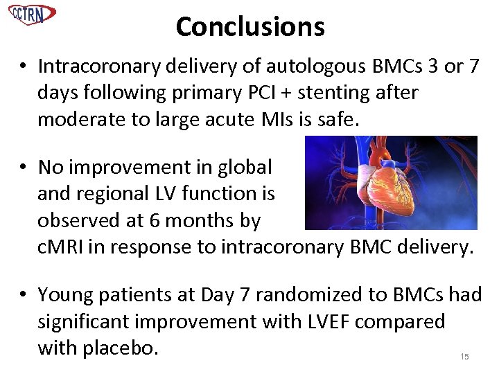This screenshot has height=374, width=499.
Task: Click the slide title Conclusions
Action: pos(249,27)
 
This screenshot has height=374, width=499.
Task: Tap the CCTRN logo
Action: pos(33,14)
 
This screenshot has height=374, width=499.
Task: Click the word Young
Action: pos(67,296)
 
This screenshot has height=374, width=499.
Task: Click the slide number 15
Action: pos(464,356)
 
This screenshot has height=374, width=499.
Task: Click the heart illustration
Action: pos(392,183)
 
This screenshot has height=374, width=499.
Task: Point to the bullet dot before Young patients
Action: pos(24,296)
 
